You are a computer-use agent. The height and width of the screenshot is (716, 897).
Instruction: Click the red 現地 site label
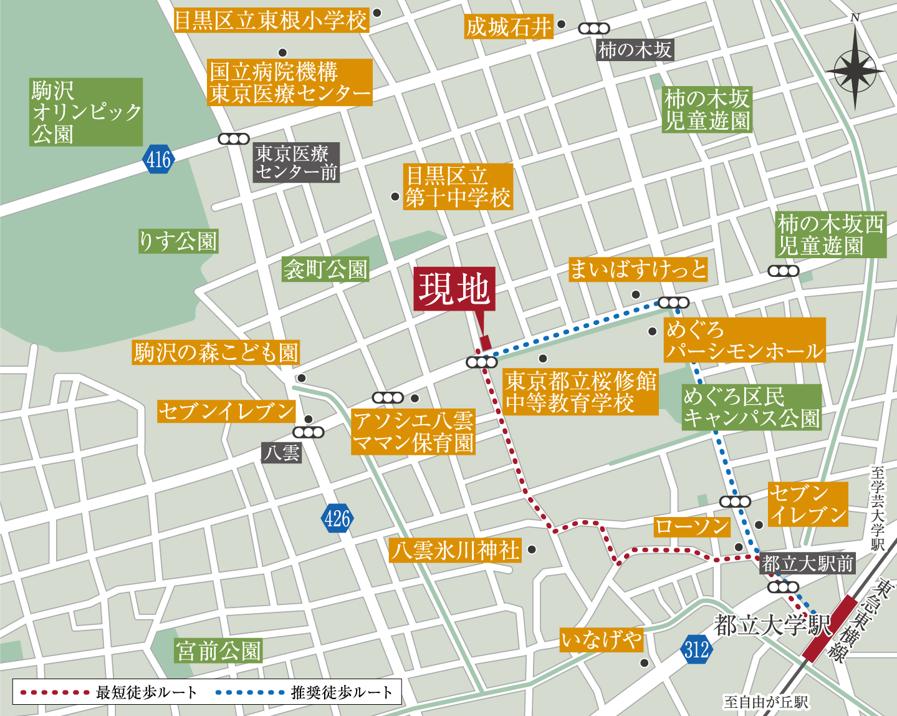tap(454, 289)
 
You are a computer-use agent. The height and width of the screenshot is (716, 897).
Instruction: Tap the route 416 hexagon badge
tap(158, 160)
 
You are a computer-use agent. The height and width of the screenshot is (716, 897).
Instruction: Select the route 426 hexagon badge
tap(337, 518)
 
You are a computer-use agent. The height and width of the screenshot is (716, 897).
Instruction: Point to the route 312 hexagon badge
tap(696, 649)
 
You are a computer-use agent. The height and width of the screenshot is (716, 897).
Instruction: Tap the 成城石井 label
tap(509, 27)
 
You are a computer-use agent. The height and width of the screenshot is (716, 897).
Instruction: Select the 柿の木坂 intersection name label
tap(635, 50)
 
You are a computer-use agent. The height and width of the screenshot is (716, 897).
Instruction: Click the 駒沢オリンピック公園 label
tap(86, 112)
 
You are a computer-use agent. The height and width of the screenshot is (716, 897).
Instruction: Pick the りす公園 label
tap(178, 241)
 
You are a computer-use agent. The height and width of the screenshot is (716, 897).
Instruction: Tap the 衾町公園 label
tap(325, 269)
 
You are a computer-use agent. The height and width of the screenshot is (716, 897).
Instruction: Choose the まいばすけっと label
tap(638, 269)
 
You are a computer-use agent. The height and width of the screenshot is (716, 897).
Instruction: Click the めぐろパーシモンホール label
tap(744, 340)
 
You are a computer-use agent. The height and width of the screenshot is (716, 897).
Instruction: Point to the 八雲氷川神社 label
tap(455, 551)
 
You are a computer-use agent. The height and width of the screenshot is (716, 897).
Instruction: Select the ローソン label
tap(692, 527)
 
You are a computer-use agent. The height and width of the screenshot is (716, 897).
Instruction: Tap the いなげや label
tap(601, 640)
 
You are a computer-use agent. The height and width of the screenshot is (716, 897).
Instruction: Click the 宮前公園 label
tap(218, 651)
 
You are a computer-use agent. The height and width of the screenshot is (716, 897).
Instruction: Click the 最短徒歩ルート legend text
tap(146, 692)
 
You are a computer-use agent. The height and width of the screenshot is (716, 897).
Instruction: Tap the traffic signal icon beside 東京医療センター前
tap(234, 139)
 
